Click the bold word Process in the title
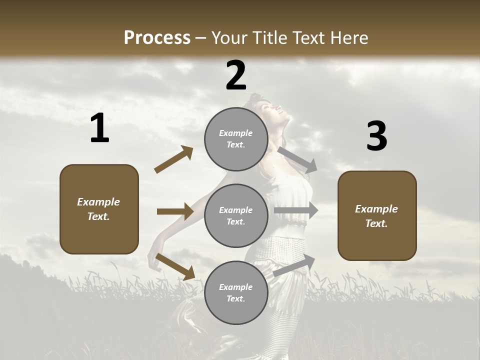pyautogui.click(x=157, y=37)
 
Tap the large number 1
pyautogui.click(x=99, y=128)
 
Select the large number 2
pyautogui.click(x=236, y=76)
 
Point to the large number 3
pyautogui.click(x=376, y=136)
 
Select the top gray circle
pyautogui.click(x=236, y=139)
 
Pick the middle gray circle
pyautogui.click(x=236, y=216)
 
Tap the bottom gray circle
pyautogui.click(x=236, y=293)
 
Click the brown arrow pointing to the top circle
pyautogui.click(x=174, y=159)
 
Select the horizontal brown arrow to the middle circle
pyautogui.click(x=175, y=211)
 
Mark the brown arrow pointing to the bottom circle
pyautogui.click(x=175, y=266)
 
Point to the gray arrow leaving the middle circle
pyautogui.click(x=296, y=210)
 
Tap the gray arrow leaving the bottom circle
pyautogui.click(x=294, y=265)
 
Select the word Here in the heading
pyautogui.click(x=348, y=37)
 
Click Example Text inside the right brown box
pyautogui.click(x=376, y=216)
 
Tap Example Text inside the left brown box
pyautogui.click(x=98, y=209)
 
